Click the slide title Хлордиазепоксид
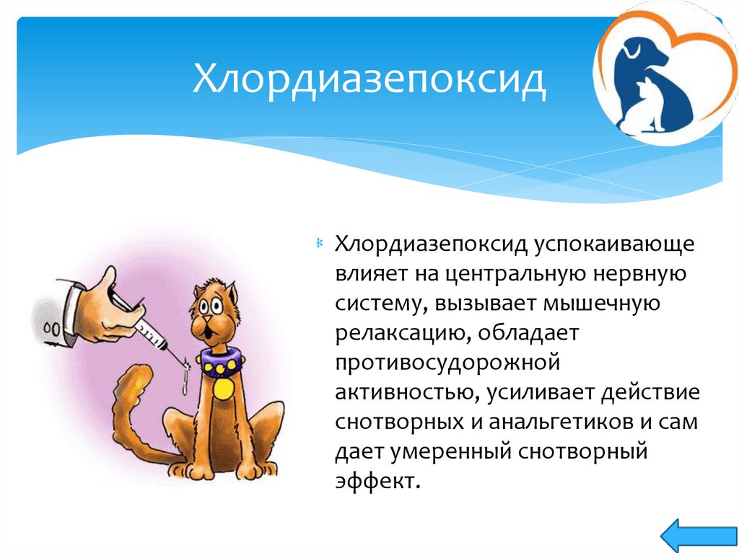(x=369, y=79)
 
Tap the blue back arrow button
(x=699, y=536)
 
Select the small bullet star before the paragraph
(x=319, y=244)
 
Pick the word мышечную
(x=603, y=304)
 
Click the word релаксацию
(x=401, y=334)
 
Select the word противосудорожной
(x=447, y=363)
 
